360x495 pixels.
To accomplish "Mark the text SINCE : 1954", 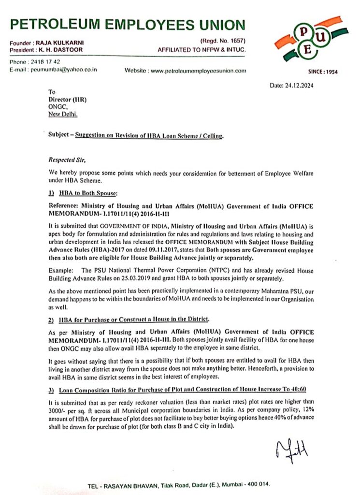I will tap(323, 72).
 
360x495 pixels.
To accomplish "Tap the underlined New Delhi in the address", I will tap(62, 114).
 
